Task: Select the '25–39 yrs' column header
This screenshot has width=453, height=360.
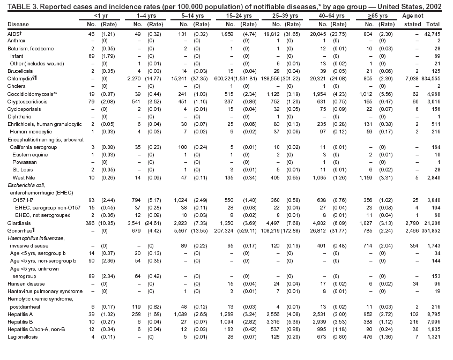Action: pyautogui.click(x=287, y=16)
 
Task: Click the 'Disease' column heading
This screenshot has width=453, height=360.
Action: pyautogui.click(x=18, y=25)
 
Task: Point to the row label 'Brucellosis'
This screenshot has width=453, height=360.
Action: pyautogui.click(x=20, y=71)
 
